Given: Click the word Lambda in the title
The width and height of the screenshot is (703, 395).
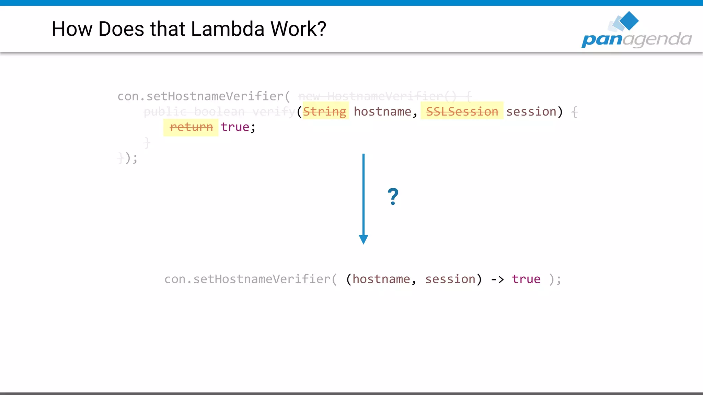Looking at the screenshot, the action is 227,29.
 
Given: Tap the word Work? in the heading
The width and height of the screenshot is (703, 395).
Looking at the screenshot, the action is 298,29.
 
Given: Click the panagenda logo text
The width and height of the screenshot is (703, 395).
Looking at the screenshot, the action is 636,39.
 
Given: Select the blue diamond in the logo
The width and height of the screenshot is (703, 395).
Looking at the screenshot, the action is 629,20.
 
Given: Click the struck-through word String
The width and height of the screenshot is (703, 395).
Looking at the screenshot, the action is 324,111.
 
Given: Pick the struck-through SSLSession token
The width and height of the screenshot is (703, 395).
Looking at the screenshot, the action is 462,111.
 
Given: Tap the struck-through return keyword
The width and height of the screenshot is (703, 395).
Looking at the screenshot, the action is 191,127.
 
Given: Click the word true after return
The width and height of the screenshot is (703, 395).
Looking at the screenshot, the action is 235,127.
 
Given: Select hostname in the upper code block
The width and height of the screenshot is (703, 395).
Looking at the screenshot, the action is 382,111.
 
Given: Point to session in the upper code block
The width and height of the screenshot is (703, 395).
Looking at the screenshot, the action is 531,111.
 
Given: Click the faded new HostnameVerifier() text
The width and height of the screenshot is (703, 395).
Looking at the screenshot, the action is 378,96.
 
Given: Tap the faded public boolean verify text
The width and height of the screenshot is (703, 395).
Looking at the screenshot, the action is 219,111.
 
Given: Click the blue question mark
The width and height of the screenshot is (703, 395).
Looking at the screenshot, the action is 393,196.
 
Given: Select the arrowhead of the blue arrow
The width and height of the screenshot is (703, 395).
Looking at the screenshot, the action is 364,239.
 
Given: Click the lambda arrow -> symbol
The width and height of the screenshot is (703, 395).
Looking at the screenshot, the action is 497,279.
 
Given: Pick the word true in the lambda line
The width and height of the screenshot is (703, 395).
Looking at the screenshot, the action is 526,279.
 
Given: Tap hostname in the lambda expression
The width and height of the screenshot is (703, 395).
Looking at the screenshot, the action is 381,279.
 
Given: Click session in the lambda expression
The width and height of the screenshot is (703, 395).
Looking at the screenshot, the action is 450,279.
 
